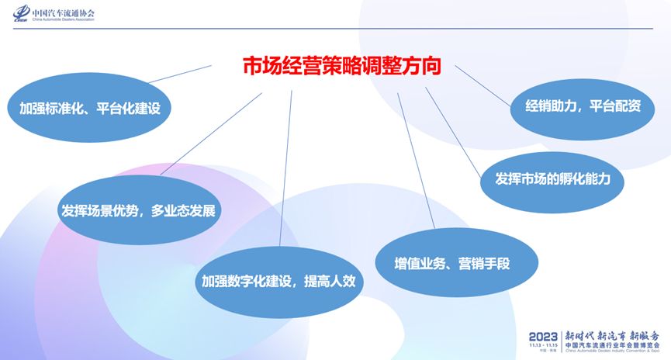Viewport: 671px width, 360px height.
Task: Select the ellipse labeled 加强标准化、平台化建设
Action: tap(89, 108)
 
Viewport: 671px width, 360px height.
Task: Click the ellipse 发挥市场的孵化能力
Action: tap(553, 178)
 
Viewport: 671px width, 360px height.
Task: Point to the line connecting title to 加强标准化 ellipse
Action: tap(180, 74)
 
